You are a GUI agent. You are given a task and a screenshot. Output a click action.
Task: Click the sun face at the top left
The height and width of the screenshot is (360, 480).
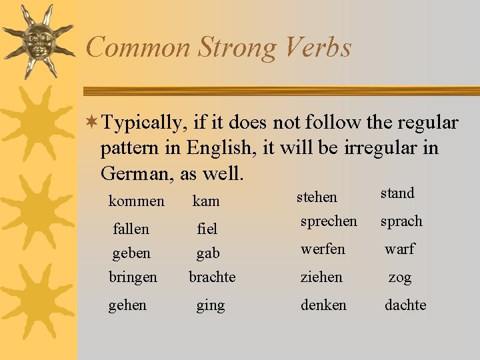pyautogui.click(x=38, y=41)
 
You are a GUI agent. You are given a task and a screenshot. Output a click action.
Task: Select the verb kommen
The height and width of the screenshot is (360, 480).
pyautogui.click(x=136, y=201)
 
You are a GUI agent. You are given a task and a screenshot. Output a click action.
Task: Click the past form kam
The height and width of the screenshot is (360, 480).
pyautogui.click(x=206, y=201)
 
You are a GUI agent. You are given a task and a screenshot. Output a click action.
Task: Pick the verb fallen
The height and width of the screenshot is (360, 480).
pyautogui.click(x=131, y=229)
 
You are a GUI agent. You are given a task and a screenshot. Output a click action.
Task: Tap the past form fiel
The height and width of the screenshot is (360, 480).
pyautogui.click(x=207, y=229)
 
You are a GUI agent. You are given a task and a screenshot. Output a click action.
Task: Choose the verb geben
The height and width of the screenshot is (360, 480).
pyautogui.click(x=131, y=253)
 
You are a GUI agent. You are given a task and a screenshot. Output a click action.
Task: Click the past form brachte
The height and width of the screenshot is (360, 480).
pyautogui.click(x=212, y=277)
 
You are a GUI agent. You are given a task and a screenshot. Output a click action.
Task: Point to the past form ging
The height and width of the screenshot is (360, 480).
pyautogui.click(x=210, y=306)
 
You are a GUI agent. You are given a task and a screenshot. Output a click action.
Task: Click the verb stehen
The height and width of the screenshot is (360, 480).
pyautogui.click(x=317, y=197)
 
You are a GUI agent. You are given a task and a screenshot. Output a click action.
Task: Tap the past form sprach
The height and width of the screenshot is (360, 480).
pyautogui.click(x=401, y=221)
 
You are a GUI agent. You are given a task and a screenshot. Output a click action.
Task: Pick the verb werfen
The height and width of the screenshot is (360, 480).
pyautogui.click(x=323, y=249)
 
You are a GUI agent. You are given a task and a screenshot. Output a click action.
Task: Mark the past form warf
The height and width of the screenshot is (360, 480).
pyautogui.click(x=399, y=249)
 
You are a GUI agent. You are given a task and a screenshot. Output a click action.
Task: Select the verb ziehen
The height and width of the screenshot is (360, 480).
pyautogui.click(x=321, y=277)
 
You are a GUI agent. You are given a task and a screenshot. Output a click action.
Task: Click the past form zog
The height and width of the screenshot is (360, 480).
pyautogui.click(x=400, y=277)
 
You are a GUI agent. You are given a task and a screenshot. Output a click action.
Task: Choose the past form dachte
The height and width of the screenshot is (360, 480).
pyautogui.click(x=405, y=305)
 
